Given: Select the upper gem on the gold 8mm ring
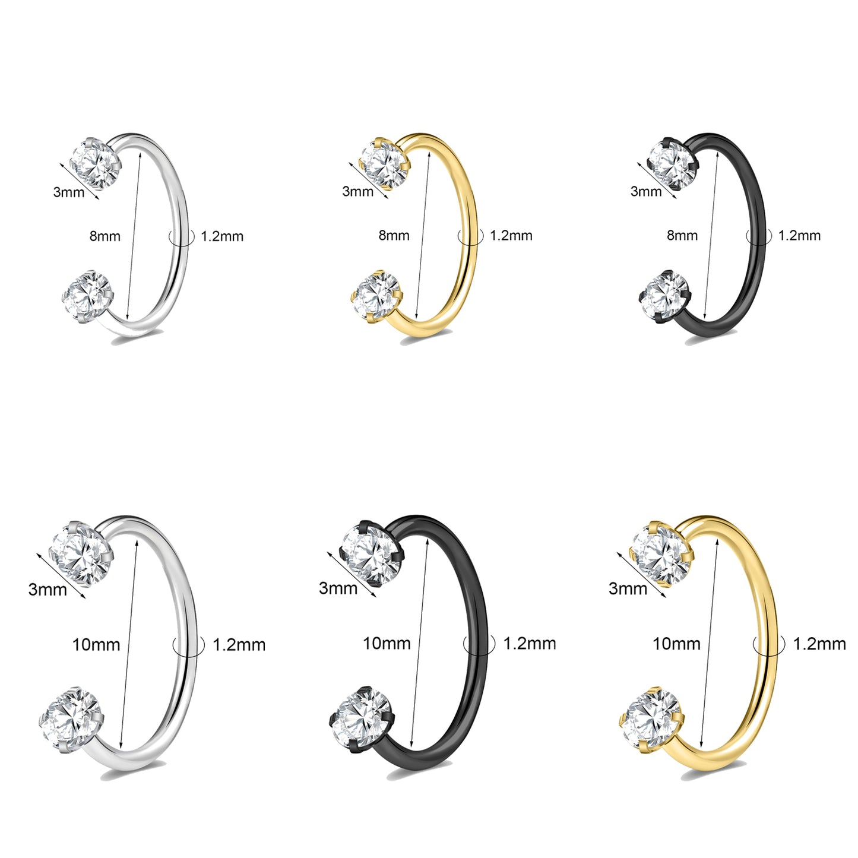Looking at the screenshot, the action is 384,162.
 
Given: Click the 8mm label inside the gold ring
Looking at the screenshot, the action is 394,235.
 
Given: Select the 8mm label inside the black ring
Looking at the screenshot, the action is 682,235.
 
